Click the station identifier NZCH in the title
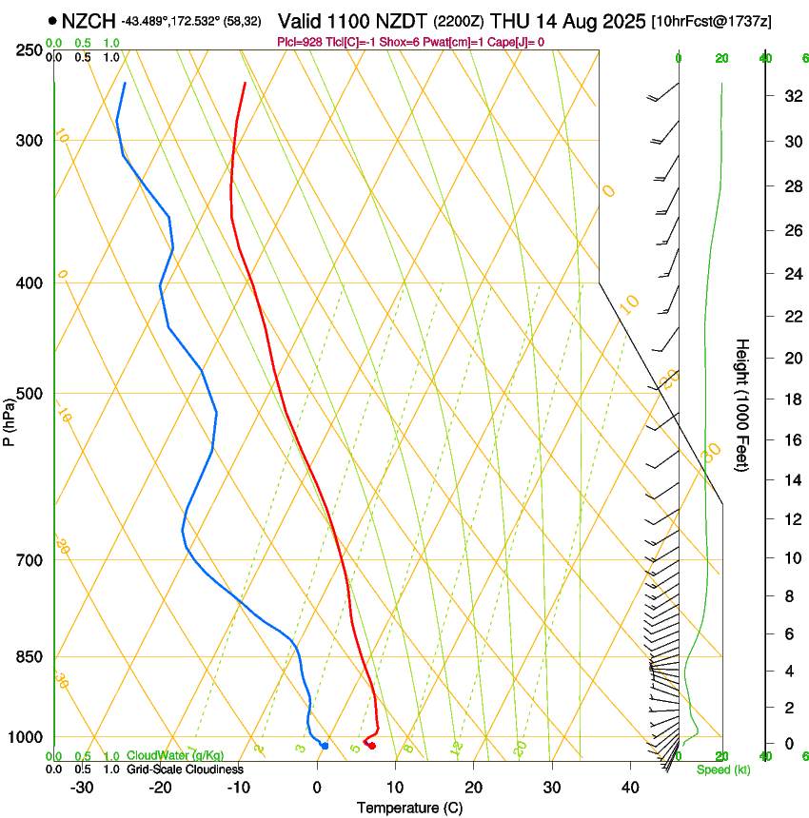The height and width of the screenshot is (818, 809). [89, 21]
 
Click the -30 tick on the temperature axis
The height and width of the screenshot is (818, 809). [82, 788]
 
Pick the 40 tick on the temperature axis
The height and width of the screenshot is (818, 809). [630, 788]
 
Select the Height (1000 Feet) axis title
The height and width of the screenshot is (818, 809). [742, 405]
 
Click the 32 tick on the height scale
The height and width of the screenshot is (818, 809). [791, 96]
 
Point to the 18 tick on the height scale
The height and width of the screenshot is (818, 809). [791, 399]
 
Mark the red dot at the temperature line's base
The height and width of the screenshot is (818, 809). [372, 746]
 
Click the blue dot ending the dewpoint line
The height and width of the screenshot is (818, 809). [325, 746]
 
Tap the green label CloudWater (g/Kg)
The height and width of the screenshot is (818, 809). [175, 756]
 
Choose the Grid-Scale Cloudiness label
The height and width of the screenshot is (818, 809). [185, 769]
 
